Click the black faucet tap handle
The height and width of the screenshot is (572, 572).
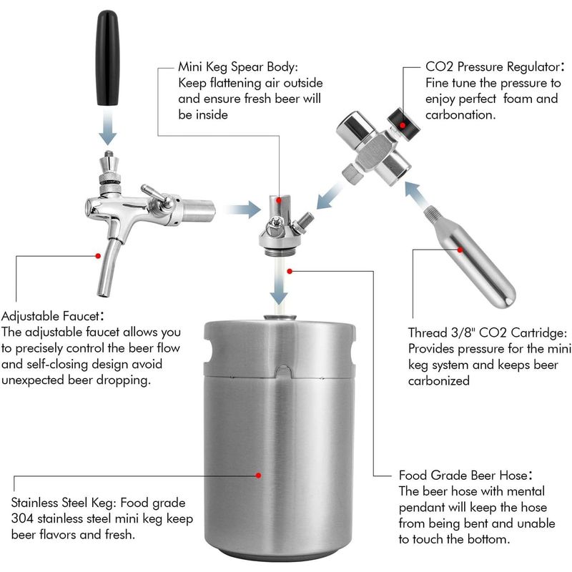[108, 58]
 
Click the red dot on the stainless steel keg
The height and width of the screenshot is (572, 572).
[258, 475]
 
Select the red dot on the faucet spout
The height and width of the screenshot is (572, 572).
[98, 256]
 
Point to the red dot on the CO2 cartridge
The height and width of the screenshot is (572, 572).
[460, 250]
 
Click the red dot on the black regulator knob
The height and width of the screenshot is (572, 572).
[403, 125]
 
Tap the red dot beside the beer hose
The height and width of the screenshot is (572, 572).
[290, 272]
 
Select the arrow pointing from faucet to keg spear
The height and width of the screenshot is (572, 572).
[243, 209]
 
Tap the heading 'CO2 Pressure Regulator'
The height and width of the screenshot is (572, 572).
[495, 66]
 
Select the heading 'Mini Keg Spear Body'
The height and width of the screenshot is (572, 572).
[238, 67]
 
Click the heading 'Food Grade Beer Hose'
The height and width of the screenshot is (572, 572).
[465, 475]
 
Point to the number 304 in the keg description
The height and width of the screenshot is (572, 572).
[22, 518]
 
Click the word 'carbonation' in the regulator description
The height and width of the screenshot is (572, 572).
[460, 115]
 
